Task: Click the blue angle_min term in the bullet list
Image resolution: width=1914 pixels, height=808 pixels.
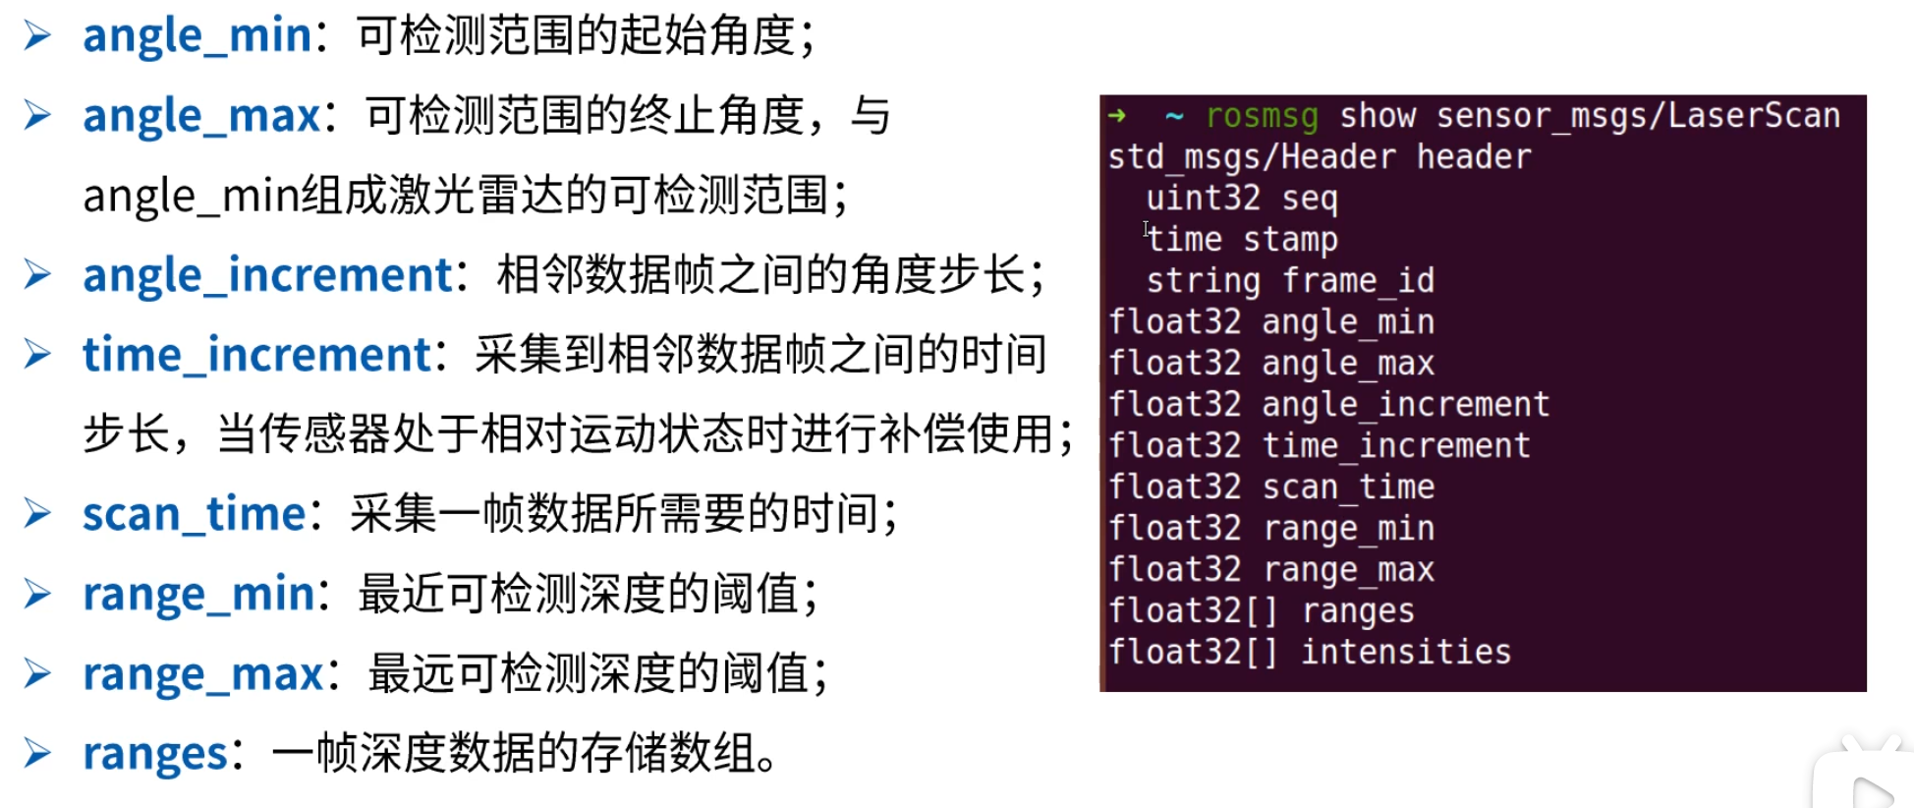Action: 197,36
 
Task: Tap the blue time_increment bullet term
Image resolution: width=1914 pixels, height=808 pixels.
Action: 256,355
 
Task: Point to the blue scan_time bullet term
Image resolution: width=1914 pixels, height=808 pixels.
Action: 195,514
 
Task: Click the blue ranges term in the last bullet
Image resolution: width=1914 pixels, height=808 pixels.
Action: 155,755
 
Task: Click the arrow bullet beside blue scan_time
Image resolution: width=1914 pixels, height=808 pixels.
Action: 37,513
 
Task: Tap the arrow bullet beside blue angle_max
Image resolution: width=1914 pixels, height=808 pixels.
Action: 37,116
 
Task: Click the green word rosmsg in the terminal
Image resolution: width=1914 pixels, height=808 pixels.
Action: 1262,116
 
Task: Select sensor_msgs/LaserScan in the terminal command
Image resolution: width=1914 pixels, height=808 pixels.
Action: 1637,116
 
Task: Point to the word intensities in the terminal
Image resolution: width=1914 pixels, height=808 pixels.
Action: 1406,652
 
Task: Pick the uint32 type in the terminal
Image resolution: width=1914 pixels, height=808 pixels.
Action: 1203,199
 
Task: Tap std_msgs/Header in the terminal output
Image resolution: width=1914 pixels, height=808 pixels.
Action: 1251,157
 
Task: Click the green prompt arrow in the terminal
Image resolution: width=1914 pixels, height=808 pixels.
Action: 1117,116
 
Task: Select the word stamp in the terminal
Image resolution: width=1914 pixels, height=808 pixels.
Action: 1290,240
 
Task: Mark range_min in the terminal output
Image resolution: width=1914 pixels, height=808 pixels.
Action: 1348,529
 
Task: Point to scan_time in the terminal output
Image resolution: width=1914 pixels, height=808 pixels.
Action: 1348,488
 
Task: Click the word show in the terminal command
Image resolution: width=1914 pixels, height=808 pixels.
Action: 1378,116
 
